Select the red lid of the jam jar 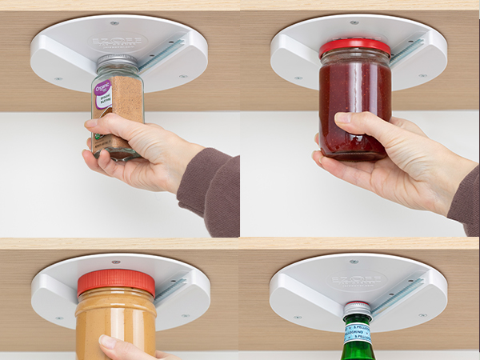(354, 47)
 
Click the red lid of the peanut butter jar (116, 282)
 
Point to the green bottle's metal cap (357, 307)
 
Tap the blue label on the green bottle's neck (358, 332)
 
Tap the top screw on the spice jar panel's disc (114, 22)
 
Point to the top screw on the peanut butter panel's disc (114, 262)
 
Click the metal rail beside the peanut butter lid (170, 290)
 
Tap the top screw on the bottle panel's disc (354, 261)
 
